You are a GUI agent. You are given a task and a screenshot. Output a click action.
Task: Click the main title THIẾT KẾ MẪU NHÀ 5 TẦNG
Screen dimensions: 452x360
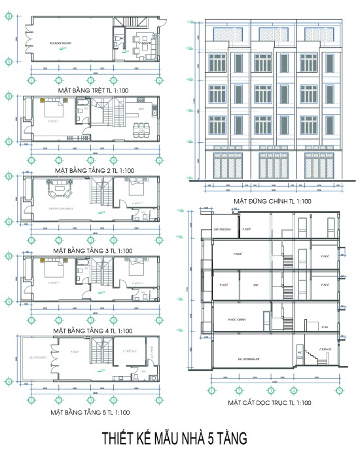180,438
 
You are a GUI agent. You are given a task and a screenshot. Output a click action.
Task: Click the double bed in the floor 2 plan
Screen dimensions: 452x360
54,109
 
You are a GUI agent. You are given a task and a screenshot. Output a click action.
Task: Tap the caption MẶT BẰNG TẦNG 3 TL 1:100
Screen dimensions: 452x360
93,250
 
